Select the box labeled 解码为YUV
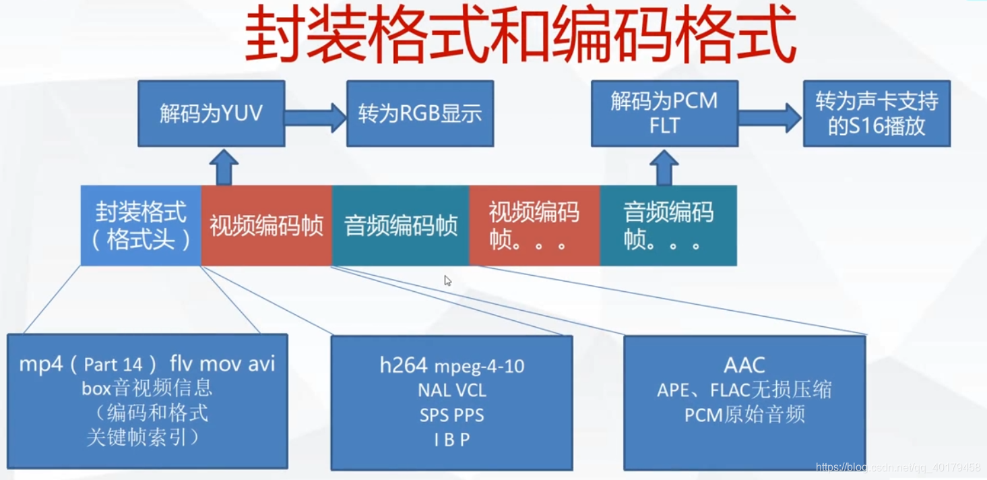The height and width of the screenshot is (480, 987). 211,113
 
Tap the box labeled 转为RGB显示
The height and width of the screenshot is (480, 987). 420,113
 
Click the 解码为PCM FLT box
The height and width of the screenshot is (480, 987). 664,113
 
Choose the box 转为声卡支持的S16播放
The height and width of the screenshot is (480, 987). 876,114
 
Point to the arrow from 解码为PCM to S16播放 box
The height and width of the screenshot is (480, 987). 769,119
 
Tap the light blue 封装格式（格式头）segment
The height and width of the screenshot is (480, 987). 141,226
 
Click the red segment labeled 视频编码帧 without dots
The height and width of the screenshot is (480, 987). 266,226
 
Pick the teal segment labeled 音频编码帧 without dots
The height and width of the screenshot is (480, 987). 400,226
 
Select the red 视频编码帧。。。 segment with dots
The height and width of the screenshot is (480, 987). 534,226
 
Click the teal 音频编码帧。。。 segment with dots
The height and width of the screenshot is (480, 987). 668,226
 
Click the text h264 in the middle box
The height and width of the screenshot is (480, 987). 404,365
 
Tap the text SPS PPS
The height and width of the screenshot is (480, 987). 451,415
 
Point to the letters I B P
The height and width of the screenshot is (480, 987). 451,440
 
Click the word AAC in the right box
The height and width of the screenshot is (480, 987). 744,365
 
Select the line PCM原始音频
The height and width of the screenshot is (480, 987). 744,415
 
